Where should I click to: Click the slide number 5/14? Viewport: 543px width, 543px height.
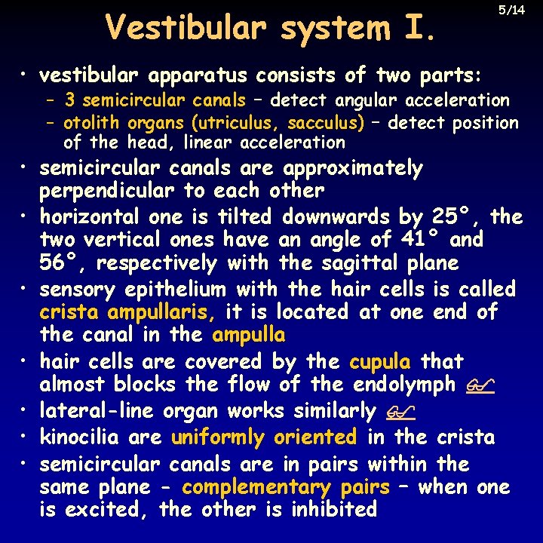512,11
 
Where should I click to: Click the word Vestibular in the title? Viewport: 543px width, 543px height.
186,28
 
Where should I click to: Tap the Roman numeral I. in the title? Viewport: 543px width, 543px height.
414,28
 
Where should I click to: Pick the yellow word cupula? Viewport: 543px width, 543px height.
380,362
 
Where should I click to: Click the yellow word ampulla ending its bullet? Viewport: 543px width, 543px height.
249,335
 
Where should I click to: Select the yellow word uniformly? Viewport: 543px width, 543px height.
218,437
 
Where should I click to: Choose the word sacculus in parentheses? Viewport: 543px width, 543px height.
330,122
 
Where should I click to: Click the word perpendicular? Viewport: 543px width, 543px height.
107,191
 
